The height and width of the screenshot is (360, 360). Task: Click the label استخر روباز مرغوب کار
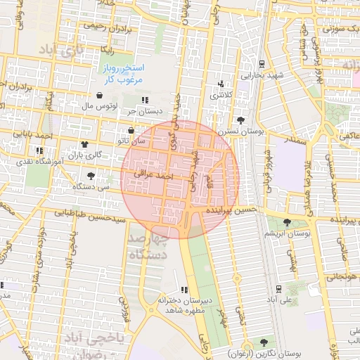124,73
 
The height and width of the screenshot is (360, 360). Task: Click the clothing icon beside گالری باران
85,143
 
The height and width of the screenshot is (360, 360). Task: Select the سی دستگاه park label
94,186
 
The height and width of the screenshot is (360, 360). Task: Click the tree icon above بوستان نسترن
241,120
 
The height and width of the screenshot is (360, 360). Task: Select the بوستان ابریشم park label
289,232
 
